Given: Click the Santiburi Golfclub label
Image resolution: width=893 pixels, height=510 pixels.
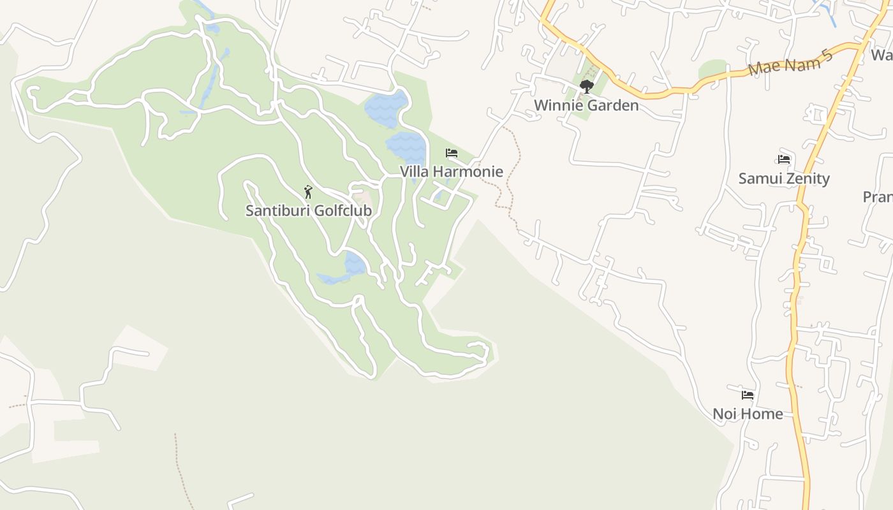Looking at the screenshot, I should (308, 210).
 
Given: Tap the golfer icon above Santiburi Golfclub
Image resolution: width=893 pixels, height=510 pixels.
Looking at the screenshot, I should (308, 191).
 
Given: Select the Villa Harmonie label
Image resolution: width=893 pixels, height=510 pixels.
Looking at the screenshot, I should (451, 171).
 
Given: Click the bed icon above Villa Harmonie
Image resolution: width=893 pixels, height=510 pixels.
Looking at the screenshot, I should (451, 153).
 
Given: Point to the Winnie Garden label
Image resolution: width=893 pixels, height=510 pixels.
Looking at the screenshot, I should (586, 105).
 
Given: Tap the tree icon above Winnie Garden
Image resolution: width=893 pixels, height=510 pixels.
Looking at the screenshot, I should (586, 86).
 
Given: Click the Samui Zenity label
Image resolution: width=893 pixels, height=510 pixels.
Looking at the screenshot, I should (783, 178).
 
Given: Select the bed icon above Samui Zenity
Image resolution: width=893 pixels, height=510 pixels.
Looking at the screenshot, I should (784, 159).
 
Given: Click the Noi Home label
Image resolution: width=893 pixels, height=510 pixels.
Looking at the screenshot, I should (747, 414).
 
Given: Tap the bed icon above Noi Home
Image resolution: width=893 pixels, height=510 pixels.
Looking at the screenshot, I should (748, 395).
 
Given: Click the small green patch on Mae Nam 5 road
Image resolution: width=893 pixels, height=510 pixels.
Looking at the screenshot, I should (712, 68).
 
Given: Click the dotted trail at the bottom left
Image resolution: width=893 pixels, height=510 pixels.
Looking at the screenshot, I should (181, 472).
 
